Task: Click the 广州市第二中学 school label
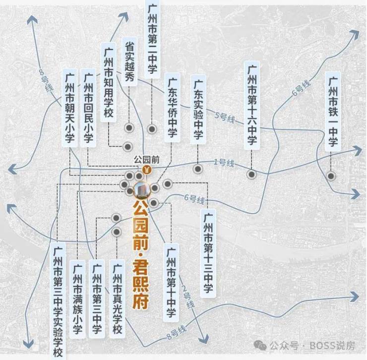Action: pos(152,39)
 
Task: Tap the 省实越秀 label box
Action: pos(129,61)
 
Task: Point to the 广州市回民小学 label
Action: pos(88,108)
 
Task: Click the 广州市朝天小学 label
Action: pos(69,108)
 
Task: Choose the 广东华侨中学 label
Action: pos(172,108)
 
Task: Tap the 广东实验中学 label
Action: pos(198,110)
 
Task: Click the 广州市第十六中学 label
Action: pos(252,105)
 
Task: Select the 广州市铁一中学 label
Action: pos(333,112)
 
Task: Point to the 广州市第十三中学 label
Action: pos(208,253)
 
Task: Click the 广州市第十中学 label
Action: pos(171,283)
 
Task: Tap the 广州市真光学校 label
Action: pos(117,299)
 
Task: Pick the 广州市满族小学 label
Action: pos(77,299)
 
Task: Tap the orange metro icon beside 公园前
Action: pos(147,169)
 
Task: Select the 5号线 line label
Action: pos(225,117)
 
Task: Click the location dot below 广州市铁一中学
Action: pos(331,176)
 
